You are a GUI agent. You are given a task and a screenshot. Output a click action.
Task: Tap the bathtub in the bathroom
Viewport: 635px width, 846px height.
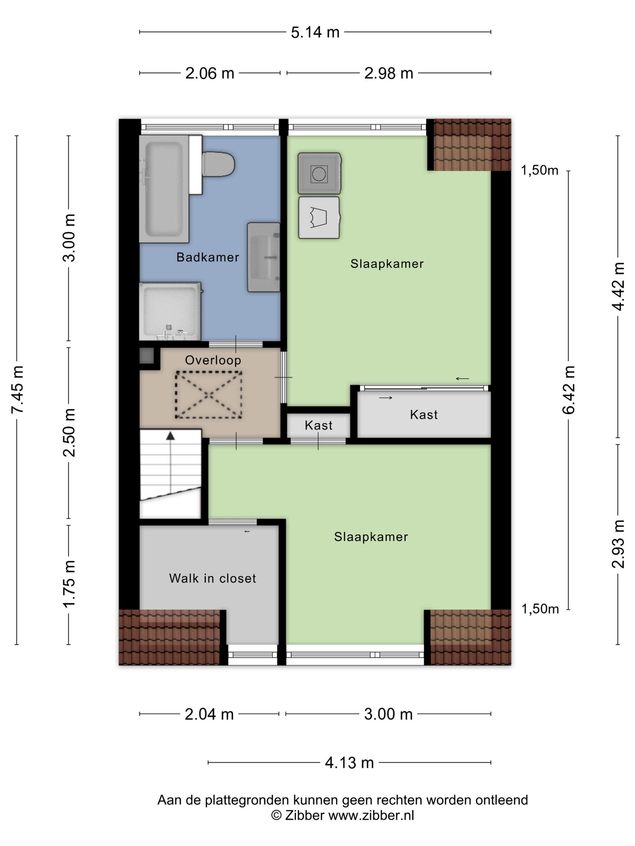(164, 189)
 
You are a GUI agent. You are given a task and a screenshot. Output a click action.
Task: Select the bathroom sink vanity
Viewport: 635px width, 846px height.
(263, 257)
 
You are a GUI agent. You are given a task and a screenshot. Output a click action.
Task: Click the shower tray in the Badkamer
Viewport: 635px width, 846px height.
(170, 311)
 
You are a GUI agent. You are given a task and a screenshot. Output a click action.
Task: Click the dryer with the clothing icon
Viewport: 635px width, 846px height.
(319, 217)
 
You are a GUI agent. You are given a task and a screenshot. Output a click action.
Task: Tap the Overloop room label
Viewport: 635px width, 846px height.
(213, 360)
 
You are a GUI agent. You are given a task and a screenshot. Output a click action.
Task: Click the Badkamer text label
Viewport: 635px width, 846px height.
(207, 257)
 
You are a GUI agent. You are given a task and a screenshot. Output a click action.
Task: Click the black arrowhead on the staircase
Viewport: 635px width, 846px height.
(170, 436)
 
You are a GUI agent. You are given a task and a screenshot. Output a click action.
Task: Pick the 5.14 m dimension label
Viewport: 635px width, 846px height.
(315, 32)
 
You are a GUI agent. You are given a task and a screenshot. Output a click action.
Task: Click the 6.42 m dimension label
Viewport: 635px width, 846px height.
(569, 390)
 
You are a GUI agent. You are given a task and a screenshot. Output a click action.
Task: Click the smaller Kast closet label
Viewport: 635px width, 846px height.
(318, 425)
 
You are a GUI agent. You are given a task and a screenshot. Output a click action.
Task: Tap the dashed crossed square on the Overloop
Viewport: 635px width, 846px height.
(209, 395)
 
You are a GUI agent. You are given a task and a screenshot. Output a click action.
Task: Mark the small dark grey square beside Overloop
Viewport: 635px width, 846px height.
(146, 356)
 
